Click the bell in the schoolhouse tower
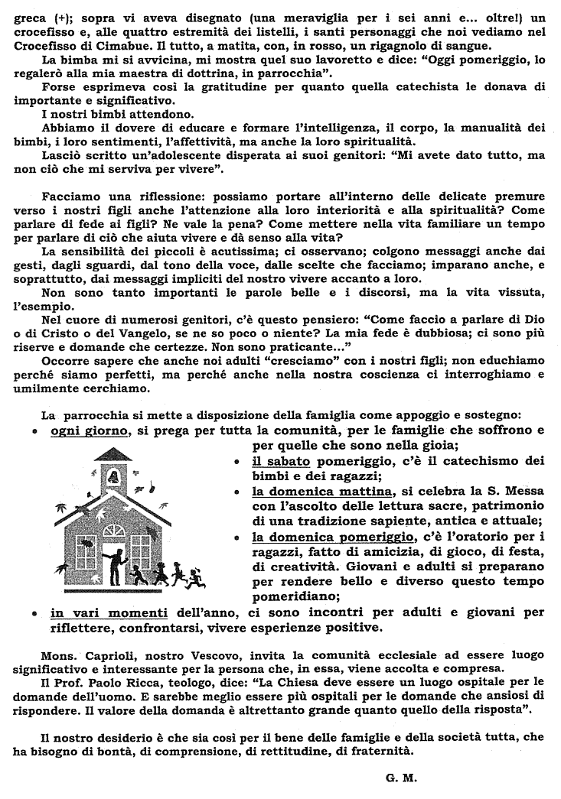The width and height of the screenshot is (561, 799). [x=114, y=477]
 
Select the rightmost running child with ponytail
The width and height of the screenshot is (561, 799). [x=197, y=575]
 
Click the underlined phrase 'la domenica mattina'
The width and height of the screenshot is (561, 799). [x=322, y=491]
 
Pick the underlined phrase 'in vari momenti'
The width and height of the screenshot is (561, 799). [x=109, y=612]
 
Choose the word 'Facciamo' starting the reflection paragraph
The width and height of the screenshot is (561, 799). [x=70, y=196]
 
